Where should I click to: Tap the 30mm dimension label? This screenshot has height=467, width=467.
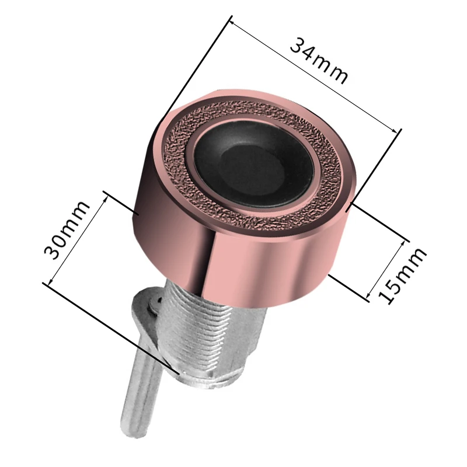pos(66,230)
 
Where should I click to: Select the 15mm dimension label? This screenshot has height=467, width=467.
pos(402,276)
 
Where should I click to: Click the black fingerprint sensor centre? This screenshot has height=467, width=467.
pos(254,165)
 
